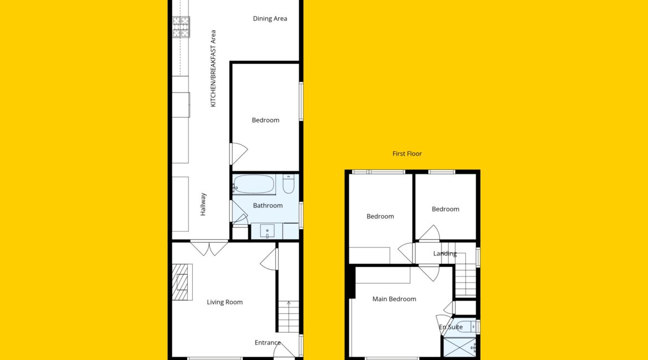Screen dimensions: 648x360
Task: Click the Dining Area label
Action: coord(270,19)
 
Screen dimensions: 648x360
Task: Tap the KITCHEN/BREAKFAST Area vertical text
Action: coord(213,68)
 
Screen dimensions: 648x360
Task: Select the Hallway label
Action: coord(203,204)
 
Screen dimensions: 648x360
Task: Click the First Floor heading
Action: coord(407,154)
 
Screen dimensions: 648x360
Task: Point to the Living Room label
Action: coord(225,302)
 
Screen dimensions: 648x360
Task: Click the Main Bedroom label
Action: coord(394,299)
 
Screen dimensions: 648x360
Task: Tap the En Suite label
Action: coord(451,327)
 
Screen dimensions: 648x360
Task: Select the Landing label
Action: coord(445,253)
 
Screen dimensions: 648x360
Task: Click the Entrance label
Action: coord(268,343)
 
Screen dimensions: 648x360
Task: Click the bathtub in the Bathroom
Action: coord(254,184)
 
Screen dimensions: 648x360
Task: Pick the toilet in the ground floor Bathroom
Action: coord(289,184)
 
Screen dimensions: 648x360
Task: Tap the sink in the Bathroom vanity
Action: coord(267,231)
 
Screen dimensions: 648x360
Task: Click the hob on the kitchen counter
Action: coord(181,27)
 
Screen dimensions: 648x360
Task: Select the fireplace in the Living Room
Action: coord(182,282)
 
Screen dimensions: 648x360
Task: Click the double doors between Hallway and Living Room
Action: coord(209,248)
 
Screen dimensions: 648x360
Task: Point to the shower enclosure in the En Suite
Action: coord(460,347)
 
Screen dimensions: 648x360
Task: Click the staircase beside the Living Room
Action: coord(289,317)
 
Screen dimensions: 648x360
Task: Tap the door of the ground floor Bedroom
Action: coord(239,154)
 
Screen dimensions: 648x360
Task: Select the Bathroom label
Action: coord(268,205)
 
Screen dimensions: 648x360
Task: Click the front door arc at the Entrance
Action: coord(284,351)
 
